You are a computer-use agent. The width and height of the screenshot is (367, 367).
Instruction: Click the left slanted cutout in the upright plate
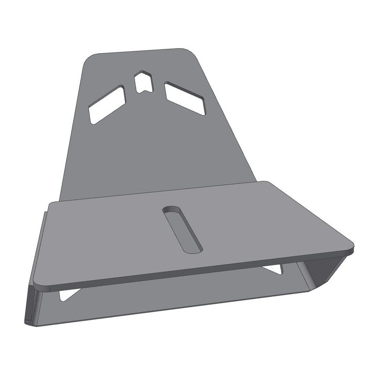[107, 105]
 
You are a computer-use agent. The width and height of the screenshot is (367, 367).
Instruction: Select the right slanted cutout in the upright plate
[185, 98]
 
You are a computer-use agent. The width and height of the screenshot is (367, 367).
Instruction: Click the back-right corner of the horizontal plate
[268, 182]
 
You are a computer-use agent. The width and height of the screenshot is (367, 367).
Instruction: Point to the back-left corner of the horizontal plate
[50, 203]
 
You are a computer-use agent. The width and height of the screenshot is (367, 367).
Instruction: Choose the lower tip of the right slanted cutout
[202, 113]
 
